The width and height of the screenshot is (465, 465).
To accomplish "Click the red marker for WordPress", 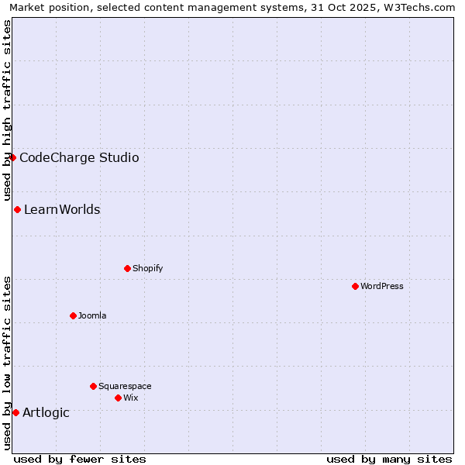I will [355, 286].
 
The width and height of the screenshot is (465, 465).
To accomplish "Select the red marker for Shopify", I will [127, 268].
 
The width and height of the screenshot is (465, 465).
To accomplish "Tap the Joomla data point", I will [73, 315].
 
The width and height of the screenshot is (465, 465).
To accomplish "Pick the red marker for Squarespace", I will [93, 386].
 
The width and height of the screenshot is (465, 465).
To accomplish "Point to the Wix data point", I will [118, 398].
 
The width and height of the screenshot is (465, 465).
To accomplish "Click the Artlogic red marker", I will [15, 412].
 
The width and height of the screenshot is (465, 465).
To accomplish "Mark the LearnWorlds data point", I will [17, 209].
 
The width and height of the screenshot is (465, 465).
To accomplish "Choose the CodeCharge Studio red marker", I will [12, 157].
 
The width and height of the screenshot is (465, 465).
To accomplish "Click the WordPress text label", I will [382, 286].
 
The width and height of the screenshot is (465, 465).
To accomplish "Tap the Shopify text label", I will [147, 268].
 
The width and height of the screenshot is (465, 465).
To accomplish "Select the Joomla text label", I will [92, 315].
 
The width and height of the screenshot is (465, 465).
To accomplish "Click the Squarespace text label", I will [125, 386].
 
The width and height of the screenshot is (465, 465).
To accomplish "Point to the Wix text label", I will [130, 398].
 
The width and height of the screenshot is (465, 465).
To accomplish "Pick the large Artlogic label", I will [46, 412].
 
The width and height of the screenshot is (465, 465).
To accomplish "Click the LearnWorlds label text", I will [62, 209].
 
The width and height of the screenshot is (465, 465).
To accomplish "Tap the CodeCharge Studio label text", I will [79, 158].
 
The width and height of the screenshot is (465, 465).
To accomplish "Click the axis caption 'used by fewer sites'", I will [80, 459].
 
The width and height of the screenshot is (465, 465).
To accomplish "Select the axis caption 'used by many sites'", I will [389, 459].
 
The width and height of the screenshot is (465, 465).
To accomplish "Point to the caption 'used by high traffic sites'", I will [7, 109].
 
